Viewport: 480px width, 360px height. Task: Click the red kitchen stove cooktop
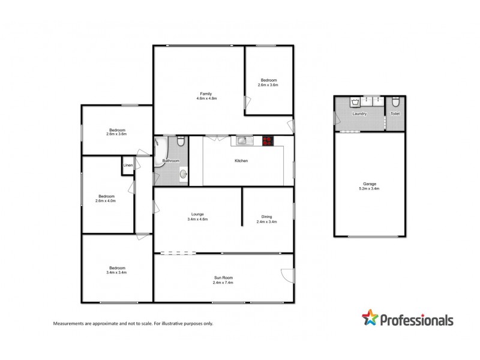coord(267,141)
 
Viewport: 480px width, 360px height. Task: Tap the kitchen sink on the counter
coord(243,141)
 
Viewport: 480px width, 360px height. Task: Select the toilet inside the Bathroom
coord(179,142)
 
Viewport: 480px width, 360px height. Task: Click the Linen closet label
coord(128,166)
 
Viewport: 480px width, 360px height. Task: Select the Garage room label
coord(369,184)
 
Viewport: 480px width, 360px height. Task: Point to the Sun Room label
coord(223,277)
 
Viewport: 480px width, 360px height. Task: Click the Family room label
coord(206,93)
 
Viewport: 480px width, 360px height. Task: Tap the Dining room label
coord(267,217)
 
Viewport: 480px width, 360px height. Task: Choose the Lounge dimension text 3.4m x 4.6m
coord(197,219)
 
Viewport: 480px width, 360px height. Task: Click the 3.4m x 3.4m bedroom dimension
coord(117,272)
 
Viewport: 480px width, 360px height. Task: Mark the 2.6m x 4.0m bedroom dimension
coord(106,200)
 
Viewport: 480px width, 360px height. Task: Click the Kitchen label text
coord(241,161)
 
